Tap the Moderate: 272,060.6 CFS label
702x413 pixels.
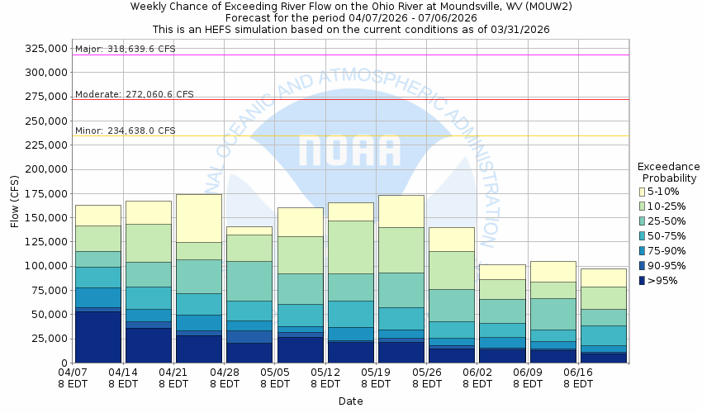click(x=135, y=94)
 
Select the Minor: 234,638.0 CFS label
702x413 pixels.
click(x=126, y=131)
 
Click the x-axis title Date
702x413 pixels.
click(x=350, y=401)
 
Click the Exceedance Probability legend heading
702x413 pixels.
click(x=669, y=172)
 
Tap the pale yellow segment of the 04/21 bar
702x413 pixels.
click(x=199, y=218)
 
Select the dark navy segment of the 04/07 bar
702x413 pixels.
click(x=98, y=336)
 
